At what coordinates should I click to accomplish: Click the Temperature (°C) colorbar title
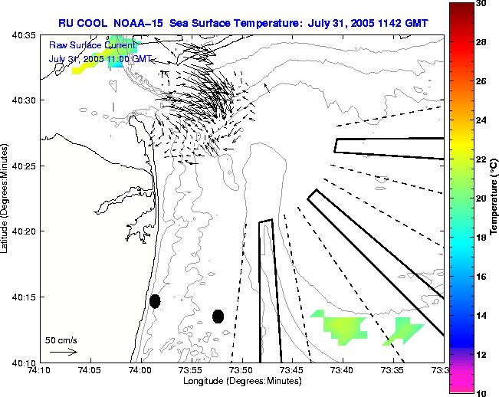tap(495, 198)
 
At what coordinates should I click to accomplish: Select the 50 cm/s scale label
tap(61, 340)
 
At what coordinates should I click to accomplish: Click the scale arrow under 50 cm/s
tap(64, 352)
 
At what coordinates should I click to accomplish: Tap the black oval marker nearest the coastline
tap(155, 301)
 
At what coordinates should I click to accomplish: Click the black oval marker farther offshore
tap(218, 316)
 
